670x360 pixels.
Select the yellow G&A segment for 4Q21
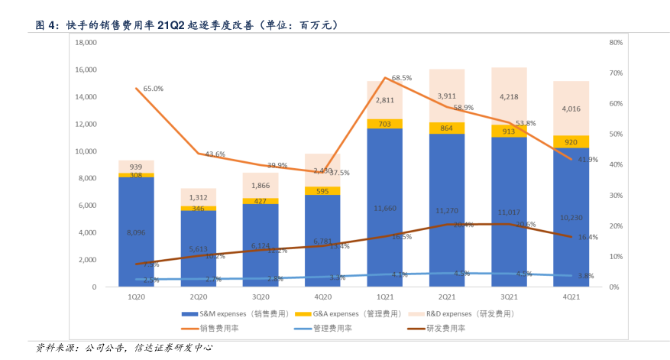tap(571, 141)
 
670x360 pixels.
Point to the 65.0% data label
tap(154, 89)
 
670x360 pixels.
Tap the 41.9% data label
tap(587, 159)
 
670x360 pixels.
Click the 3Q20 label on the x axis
tap(261, 296)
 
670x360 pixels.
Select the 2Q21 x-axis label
tap(447, 296)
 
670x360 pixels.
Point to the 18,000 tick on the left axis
tap(86, 43)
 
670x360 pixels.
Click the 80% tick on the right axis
tap(613, 43)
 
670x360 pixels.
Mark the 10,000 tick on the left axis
tap(86, 151)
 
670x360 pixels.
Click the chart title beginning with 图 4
tap(187, 25)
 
